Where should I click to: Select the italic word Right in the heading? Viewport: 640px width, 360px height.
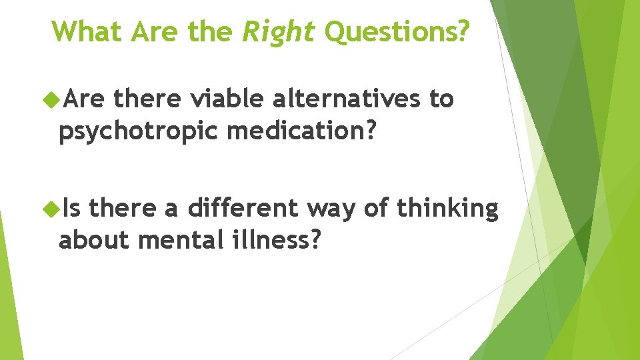click(279, 31)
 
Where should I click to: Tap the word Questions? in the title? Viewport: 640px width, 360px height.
click(397, 31)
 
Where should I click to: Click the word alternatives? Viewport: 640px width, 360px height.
click(346, 99)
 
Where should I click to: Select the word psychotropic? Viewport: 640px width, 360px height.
click(139, 131)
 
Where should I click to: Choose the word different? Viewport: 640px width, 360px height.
click(242, 209)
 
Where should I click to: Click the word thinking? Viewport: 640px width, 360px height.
click(447, 209)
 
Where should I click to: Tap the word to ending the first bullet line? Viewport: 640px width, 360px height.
click(441, 99)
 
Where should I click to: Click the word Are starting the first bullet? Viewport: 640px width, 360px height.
click(85, 100)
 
